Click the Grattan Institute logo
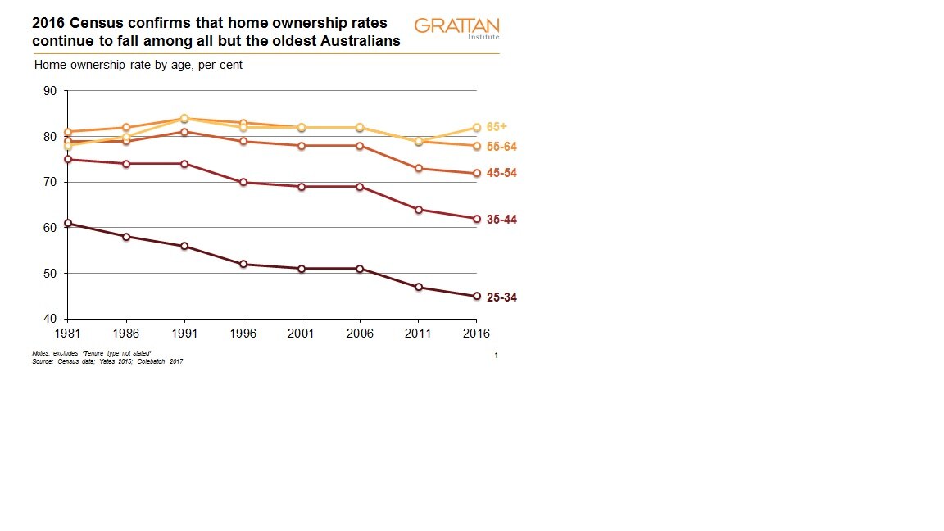(456, 28)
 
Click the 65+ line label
(497, 127)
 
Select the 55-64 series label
(501, 147)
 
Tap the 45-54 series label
(501, 174)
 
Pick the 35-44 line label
(501, 220)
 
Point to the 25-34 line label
(501, 297)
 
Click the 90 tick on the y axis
(49, 91)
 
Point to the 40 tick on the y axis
(49, 319)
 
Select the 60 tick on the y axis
(49, 228)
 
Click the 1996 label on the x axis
(243, 334)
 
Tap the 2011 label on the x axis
(419, 334)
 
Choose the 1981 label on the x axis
(67, 334)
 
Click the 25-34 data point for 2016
(477, 297)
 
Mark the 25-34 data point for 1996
(243, 264)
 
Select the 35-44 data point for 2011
(419, 210)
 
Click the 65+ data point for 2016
(477, 127)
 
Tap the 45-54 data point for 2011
(419, 169)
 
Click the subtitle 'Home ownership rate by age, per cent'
(138, 65)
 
